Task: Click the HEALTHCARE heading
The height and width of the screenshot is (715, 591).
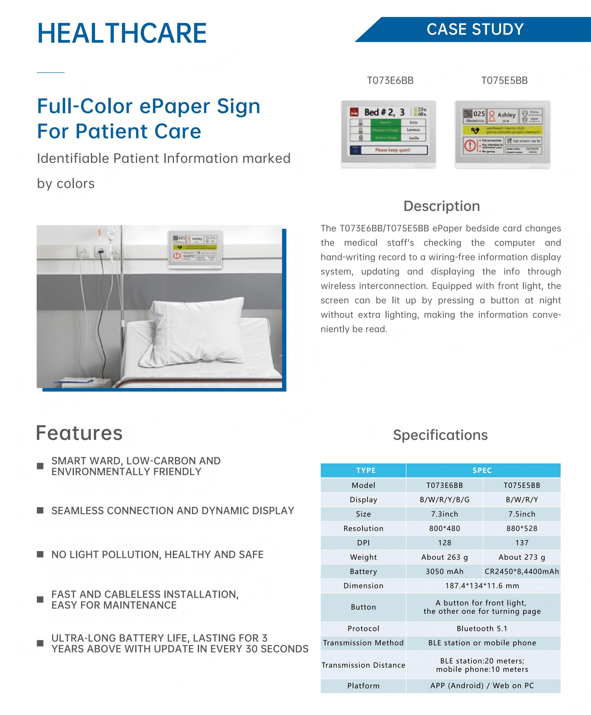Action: point(122,33)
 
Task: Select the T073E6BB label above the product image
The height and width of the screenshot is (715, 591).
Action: point(390,81)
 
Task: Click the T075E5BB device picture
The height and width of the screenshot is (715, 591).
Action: point(503,134)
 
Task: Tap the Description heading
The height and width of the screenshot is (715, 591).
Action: point(441,206)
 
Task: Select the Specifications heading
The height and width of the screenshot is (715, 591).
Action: point(440,435)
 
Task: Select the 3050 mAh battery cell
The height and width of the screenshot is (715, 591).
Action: point(444,571)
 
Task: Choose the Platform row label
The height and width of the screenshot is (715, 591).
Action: point(363,686)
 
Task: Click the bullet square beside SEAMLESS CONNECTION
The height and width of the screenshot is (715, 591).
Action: point(40,510)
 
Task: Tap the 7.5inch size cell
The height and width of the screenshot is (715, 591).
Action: point(522,514)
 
